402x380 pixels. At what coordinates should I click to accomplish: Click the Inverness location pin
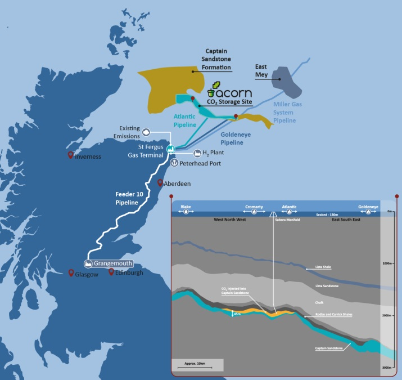click(71, 155)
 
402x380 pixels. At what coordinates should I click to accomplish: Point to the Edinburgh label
click(129, 273)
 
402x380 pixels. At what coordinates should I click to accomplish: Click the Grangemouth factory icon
click(88, 263)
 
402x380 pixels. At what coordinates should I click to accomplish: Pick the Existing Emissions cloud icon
click(146, 132)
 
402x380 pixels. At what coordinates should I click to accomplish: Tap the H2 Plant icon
click(197, 153)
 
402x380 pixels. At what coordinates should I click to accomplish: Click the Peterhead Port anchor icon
click(174, 163)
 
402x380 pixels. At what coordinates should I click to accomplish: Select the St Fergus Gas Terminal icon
click(169, 149)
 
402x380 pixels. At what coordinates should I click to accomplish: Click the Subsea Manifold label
click(284, 220)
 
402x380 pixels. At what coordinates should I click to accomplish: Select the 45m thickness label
click(237, 314)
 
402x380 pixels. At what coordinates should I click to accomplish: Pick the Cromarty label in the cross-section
click(254, 207)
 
